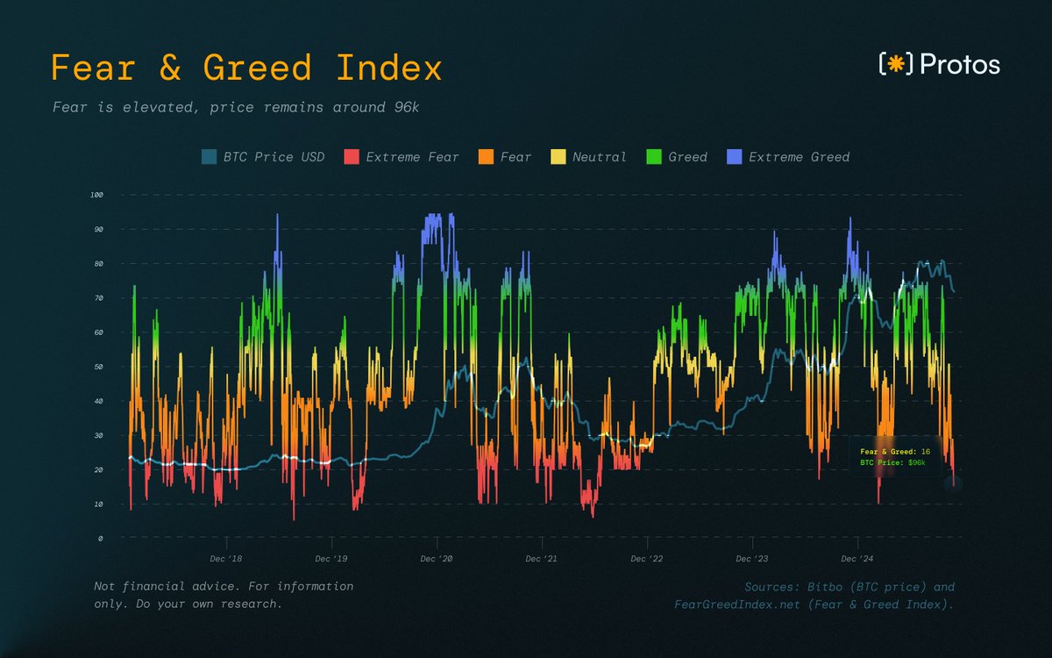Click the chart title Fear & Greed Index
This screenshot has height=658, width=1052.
(246, 68)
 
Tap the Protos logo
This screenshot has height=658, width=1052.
(939, 64)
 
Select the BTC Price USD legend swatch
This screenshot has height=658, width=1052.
(209, 157)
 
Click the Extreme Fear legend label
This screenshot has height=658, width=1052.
(412, 157)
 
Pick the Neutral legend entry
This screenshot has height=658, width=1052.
(599, 157)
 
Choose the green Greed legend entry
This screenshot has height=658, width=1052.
(687, 157)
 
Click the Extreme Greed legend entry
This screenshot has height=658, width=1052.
(799, 157)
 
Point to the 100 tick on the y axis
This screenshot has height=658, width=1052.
(96, 195)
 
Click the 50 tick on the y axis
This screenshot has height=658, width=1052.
(98, 367)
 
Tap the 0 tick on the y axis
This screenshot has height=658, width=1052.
(101, 539)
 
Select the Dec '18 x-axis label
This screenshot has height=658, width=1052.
(225, 559)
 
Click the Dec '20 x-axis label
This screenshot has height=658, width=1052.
(436, 559)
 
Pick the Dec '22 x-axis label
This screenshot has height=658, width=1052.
(646, 559)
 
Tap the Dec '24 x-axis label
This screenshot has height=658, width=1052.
(857, 559)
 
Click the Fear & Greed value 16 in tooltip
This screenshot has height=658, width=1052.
(925, 451)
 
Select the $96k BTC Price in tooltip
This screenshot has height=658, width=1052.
(916, 461)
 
